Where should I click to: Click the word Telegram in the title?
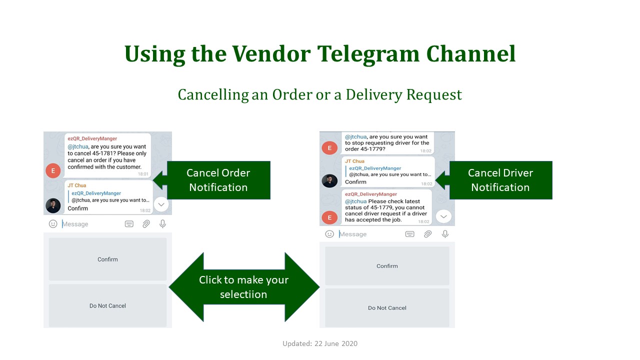(x=368, y=53)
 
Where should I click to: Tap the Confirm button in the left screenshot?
(x=107, y=259)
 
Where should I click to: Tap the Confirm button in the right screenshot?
(x=387, y=266)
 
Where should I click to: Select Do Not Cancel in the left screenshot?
(x=107, y=305)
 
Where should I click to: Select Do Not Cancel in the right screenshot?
(x=387, y=307)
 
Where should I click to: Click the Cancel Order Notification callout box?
(x=218, y=180)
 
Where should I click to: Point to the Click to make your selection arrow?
(x=244, y=287)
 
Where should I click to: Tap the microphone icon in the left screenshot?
(x=162, y=223)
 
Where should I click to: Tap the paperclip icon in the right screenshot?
(x=427, y=234)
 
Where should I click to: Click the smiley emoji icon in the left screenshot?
(x=53, y=223)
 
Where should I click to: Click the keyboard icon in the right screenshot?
(x=409, y=234)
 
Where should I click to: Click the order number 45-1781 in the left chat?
(x=103, y=153)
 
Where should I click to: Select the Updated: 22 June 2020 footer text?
(x=320, y=343)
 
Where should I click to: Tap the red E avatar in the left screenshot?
(x=53, y=170)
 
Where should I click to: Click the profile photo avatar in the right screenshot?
(x=329, y=180)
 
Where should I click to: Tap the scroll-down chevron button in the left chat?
(x=161, y=204)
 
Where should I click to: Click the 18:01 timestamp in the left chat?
(x=143, y=173)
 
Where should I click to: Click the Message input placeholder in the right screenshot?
(x=353, y=234)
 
